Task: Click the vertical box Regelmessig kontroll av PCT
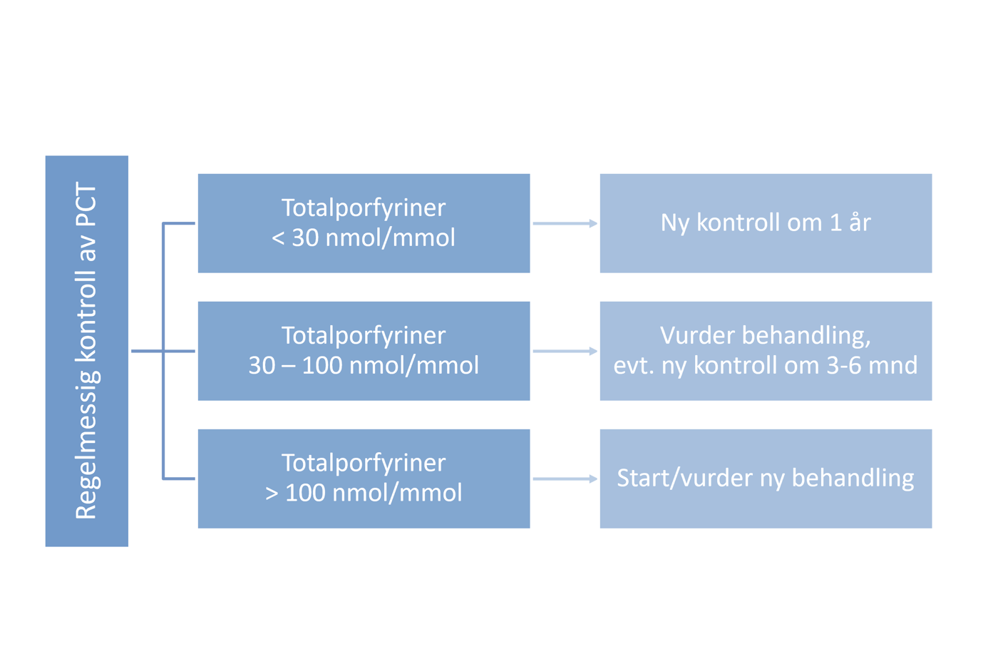(x=87, y=351)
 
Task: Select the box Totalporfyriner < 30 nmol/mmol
(x=364, y=223)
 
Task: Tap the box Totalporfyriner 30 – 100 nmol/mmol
(x=364, y=351)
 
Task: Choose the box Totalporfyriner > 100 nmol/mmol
(x=364, y=479)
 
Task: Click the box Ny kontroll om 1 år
(x=766, y=223)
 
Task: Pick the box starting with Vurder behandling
(x=766, y=351)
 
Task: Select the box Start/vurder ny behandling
(x=766, y=479)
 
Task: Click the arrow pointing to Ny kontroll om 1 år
(x=565, y=223)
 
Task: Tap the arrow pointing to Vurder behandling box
(x=565, y=351)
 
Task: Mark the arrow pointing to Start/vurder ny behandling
(x=565, y=479)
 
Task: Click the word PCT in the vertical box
(x=86, y=205)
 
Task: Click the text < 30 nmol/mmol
(x=364, y=238)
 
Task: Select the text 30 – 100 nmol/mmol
(x=364, y=366)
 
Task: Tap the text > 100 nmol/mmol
(x=364, y=493)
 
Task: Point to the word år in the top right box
(x=860, y=223)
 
